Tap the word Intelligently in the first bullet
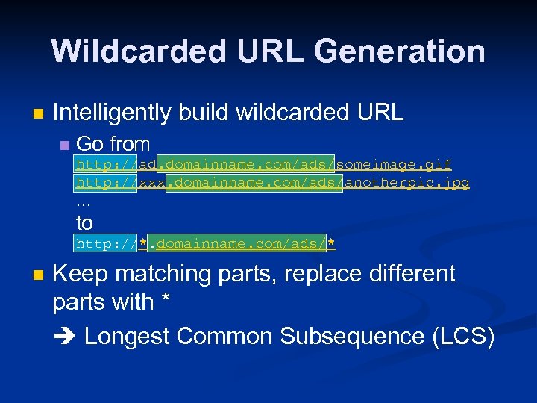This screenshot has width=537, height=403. point(111,112)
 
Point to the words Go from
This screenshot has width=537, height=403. point(113,143)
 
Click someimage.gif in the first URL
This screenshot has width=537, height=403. point(394,164)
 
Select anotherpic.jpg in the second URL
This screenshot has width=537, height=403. point(406,183)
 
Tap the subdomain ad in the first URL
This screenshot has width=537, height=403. point(147,164)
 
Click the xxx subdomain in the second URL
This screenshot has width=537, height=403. point(151,183)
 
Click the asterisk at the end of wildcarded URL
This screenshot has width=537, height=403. point(331,244)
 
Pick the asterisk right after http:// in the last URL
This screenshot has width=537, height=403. point(142,244)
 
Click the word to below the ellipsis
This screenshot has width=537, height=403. point(84,222)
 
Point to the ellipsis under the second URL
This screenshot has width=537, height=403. point(84,202)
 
